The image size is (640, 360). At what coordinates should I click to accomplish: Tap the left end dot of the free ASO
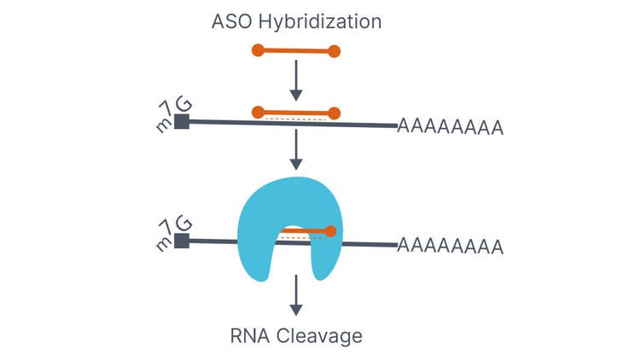[x=258, y=50]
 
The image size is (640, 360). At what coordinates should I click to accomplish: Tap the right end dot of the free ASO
[x=335, y=51]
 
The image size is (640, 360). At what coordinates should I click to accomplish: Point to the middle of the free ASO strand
[x=296, y=51]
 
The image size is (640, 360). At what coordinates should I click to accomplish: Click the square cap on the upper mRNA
[x=181, y=121]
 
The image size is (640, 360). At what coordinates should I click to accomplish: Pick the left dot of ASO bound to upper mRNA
[x=258, y=112]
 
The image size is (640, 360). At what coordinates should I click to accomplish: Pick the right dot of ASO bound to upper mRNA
[x=335, y=113]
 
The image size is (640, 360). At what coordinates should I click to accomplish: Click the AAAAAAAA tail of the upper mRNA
[x=450, y=128]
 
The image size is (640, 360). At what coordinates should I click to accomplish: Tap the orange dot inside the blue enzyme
[x=330, y=230]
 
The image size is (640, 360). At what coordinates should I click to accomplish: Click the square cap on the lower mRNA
[x=181, y=241]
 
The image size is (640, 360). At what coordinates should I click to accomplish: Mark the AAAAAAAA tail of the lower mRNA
[x=450, y=247]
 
